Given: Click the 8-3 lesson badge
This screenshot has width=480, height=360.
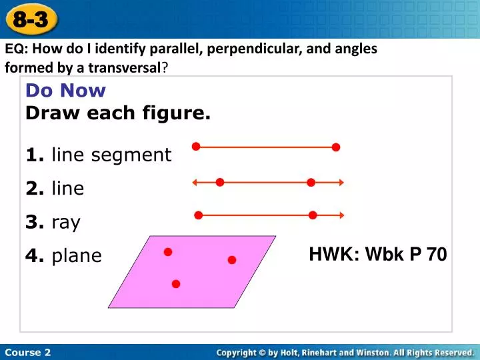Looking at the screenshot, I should [x=31, y=19].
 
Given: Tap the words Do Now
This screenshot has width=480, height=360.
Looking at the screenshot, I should [x=65, y=91].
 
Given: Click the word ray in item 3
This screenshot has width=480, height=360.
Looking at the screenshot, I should [x=65, y=222].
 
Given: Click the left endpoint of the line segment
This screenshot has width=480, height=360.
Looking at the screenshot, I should [x=196, y=147].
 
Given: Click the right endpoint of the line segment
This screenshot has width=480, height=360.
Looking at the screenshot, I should [x=336, y=147].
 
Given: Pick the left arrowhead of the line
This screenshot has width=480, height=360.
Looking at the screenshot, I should [x=195, y=182].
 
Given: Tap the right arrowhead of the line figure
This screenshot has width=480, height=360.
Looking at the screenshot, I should [x=341, y=182].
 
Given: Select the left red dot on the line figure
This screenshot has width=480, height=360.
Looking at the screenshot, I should [x=219, y=182].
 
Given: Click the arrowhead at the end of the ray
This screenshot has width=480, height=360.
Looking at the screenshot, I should [x=341, y=215].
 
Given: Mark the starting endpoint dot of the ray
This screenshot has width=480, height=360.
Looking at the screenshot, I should [x=198, y=215].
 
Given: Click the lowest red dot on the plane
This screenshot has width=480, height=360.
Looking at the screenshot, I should [x=176, y=284].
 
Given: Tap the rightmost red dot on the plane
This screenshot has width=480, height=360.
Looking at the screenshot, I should [x=232, y=260].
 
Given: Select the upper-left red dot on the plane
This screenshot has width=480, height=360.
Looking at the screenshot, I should [x=168, y=252].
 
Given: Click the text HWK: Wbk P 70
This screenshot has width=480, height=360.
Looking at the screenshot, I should [x=378, y=254].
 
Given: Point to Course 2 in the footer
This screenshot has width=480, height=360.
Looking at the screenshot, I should [x=27, y=352].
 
